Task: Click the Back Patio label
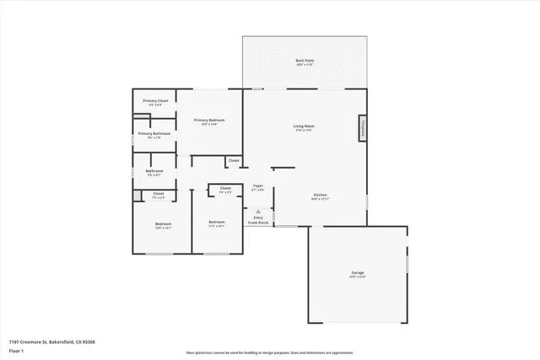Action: pos(305,61)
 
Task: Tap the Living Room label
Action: pos(304,127)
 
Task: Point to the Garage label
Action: pos(358,273)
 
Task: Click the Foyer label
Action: pos(258,187)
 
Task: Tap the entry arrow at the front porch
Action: pos(258,212)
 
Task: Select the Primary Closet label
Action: pos(155,101)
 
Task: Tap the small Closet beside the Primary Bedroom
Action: pos(234,160)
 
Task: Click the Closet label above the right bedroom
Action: pos(225,189)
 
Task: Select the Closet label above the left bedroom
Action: pos(159,195)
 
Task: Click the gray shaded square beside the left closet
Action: pos(137,195)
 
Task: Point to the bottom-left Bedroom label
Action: pos(163,225)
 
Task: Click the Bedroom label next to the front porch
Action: pos(216,223)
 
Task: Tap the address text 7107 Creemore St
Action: pos(51,342)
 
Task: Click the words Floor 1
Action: pos(17,351)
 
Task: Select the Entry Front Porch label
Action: pos(258,220)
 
